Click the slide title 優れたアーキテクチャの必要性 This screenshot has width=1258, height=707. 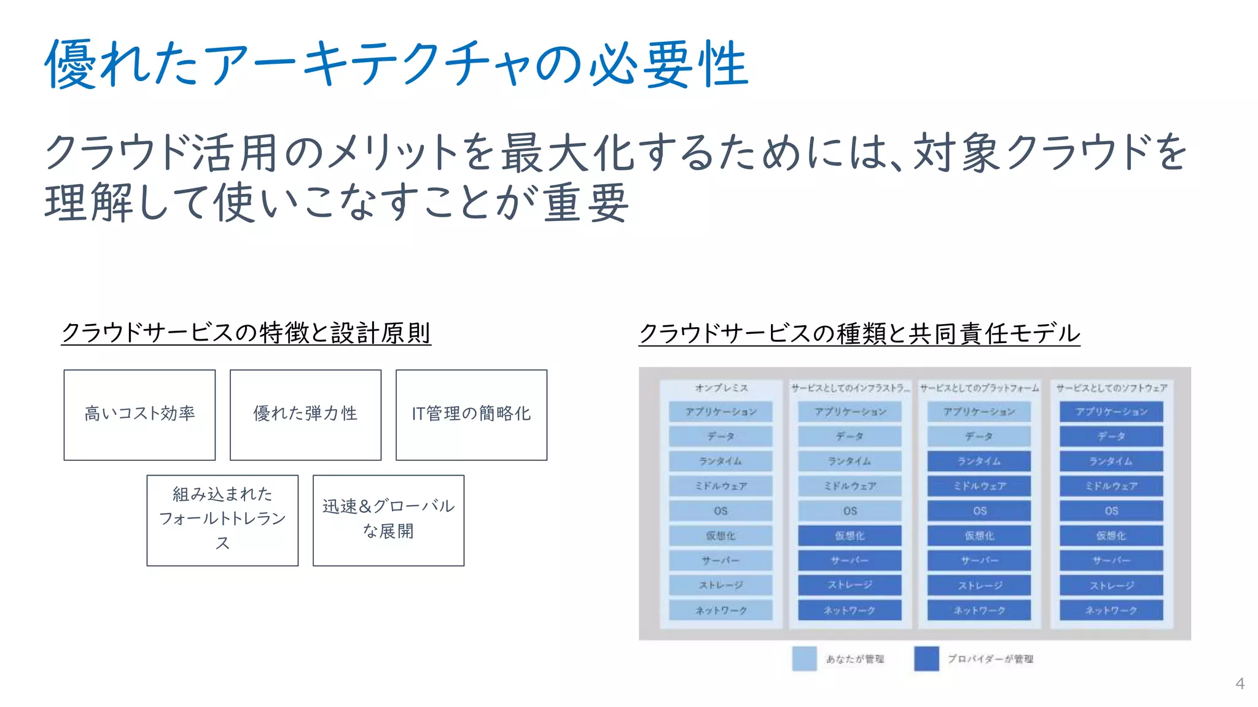click(x=396, y=64)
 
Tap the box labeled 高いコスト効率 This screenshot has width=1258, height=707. click(x=139, y=414)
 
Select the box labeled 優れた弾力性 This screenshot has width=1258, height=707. click(x=305, y=414)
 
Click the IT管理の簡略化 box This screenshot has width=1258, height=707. click(x=471, y=414)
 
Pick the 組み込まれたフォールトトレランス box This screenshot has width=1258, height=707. click(x=222, y=520)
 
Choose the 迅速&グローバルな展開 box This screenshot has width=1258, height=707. click(x=388, y=520)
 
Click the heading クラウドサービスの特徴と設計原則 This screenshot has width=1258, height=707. click(x=246, y=333)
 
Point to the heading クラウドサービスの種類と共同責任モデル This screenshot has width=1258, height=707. click(x=859, y=333)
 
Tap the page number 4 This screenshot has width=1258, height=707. click(x=1240, y=684)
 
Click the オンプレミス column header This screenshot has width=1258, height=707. click(x=721, y=388)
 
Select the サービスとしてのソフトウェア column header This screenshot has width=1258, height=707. click(x=1111, y=388)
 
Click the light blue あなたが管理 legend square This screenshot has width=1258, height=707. click(x=804, y=659)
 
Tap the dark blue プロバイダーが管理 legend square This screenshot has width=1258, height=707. click(x=926, y=659)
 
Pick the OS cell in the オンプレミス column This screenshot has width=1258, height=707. click(x=721, y=511)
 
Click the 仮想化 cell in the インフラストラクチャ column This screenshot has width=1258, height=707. click(x=850, y=536)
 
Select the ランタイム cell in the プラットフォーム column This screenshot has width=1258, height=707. click(x=979, y=461)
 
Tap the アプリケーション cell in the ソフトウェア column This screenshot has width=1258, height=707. click(x=1111, y=412)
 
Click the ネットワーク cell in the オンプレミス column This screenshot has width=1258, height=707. click(x=721, y=610)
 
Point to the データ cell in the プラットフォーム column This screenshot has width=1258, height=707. click(x=979, y=436)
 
